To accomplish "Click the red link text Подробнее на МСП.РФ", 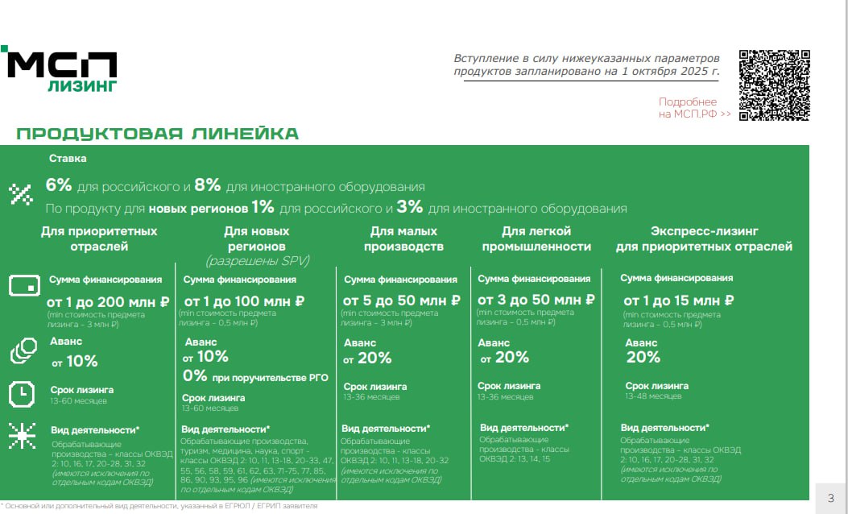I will point(694,108).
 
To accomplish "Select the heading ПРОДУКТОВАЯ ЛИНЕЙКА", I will point(158,134).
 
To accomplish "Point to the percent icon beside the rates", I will point(20,193).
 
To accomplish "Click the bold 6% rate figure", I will point(60,185).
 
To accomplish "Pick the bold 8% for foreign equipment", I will point(208,185).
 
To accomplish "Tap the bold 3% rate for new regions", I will point(410,207).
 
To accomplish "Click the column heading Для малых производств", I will point(403,238).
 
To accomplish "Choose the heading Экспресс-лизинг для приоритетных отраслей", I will point(705,238).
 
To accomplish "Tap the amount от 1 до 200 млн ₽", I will point(107,301).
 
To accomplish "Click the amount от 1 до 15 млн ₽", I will point(679,301).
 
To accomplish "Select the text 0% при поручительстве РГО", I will point(255,375).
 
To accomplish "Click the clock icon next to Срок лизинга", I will point(22,394).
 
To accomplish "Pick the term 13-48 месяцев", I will point(653,396).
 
